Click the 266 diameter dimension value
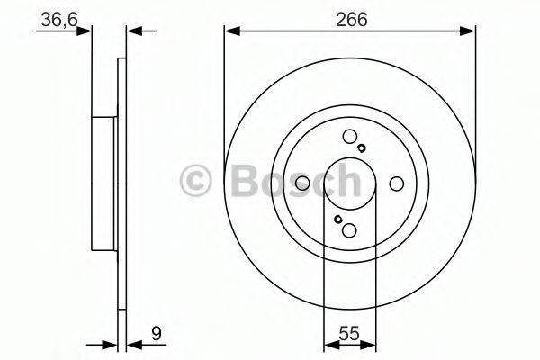350,18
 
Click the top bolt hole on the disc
349,138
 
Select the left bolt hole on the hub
303,184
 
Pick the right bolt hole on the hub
396,184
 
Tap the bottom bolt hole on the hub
350,230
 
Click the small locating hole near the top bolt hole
361,148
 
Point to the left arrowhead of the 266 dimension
229,31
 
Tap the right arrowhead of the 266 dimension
470,31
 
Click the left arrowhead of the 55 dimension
328,344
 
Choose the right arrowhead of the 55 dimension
371,344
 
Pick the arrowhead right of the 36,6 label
87,31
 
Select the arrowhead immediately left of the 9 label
133,344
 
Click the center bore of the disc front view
349,184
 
